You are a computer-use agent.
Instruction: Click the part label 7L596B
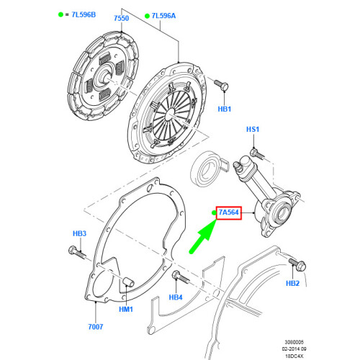tap(85, 14)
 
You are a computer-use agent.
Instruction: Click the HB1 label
tap(225, 109)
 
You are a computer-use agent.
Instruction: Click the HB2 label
tap(292, 283)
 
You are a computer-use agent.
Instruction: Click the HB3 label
tap(79, 235)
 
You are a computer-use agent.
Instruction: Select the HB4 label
tap(176, 296)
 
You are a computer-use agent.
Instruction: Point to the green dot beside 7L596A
tap(147, 14)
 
